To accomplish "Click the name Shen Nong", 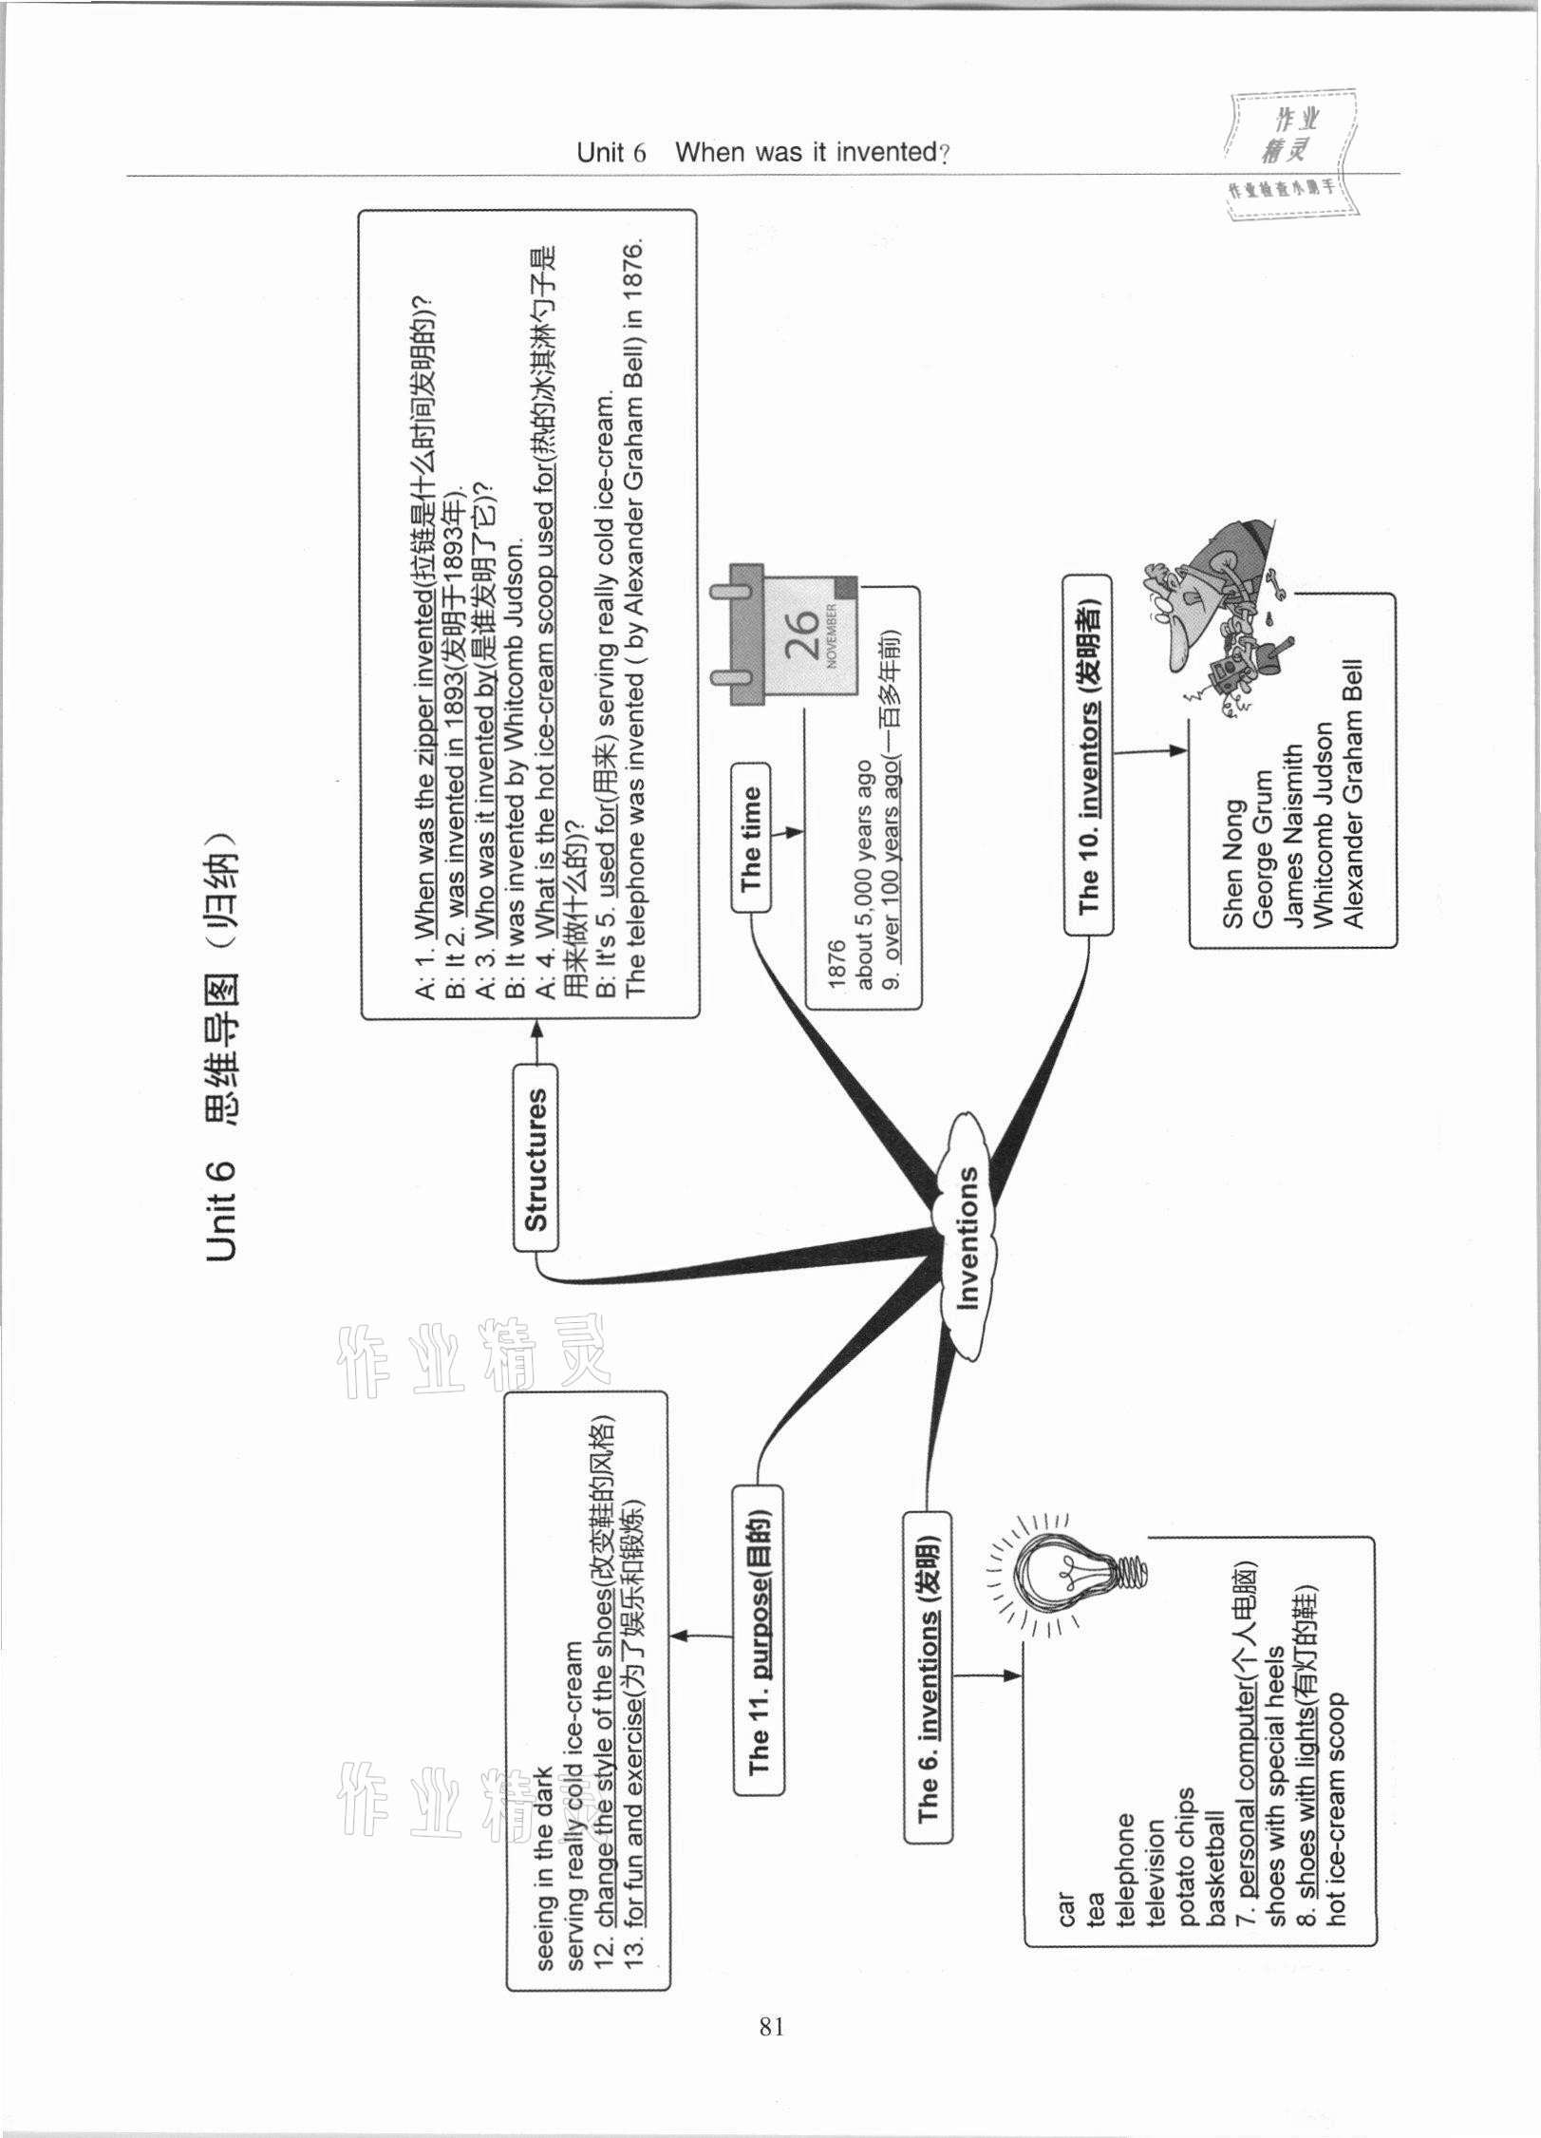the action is [x=1231, y=864].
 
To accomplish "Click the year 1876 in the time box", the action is [x=836, y=967].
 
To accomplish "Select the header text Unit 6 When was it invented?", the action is [x=763, y=152].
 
